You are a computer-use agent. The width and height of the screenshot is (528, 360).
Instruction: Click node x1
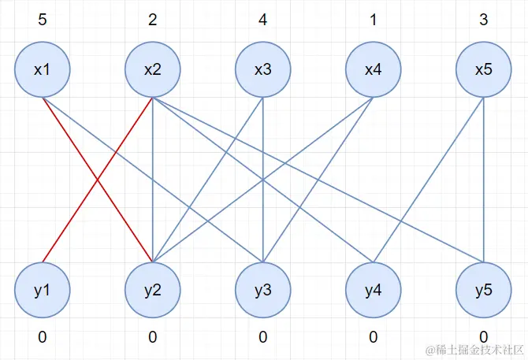click(x=43, y=69)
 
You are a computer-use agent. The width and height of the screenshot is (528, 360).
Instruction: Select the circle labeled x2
click(x=153, y=69)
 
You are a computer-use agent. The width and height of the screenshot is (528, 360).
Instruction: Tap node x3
click(x=263, y=69)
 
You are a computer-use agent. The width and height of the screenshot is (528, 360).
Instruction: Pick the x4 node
click(x=374, y=69)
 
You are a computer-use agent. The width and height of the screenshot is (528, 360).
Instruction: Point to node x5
click(x=484, y=69)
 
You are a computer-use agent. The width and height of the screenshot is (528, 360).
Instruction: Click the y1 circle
click(x=43, y=290)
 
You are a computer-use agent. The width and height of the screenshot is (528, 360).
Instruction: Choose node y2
click(x=153, y=290)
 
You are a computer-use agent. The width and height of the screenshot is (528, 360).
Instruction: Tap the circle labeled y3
click(x=263, y=290)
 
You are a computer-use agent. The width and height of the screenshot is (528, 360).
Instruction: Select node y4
click(x=374, y=290)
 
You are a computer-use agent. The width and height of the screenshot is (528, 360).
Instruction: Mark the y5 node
click(x=484, y=290)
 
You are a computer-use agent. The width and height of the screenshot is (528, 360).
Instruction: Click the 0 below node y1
click(x=43, y=337)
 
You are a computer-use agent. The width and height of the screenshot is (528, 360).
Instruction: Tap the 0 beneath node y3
click(x=263, y=337)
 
